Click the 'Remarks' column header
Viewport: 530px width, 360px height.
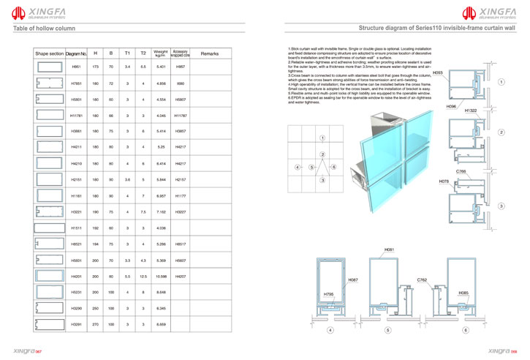210,53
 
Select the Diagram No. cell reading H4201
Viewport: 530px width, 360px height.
76,277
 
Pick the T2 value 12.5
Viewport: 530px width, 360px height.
143,277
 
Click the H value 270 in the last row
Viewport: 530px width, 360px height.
95,323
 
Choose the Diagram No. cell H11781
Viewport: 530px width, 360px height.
77,116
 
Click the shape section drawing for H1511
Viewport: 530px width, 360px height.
49,228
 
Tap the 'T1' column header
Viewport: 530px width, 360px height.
127,53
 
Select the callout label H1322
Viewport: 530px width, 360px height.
471,110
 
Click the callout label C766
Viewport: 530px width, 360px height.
461,171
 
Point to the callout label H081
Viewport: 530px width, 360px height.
389,250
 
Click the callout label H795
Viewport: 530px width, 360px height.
328,294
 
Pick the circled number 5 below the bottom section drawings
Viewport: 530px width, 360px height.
388,331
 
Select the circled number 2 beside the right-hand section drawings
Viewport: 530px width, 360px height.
501,132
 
